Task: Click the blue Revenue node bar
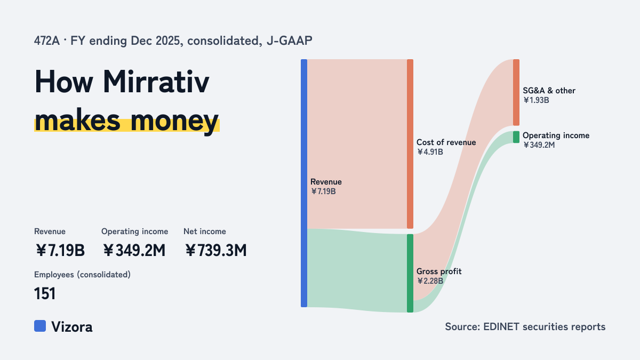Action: [x=304, y=183]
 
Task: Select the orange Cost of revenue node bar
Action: [x=410, y=144]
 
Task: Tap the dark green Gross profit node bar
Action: [x=410, y=273]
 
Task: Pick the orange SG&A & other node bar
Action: [x=516, y=92]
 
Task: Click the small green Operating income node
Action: [x=516, y=137]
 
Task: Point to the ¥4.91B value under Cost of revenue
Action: [x=430, y=151]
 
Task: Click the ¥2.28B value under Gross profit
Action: [x=430, y=281]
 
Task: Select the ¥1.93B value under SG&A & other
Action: [x=536, y=100]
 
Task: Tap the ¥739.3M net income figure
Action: [x=215, y=250]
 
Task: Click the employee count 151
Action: [x=45, y=293]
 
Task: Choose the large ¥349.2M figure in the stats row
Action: [x=134, y=250]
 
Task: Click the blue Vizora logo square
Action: [x=40, y=326]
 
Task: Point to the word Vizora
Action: [x=71, y=326]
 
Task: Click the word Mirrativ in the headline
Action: [x=156, y=82]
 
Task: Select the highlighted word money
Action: [x=174, y=121]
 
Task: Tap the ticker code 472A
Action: [x=47, y=41]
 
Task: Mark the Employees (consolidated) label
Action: [x=82, y=275]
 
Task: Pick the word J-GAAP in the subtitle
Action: [x=289, y=41]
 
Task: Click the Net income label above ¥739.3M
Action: [x=205, y=231]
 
